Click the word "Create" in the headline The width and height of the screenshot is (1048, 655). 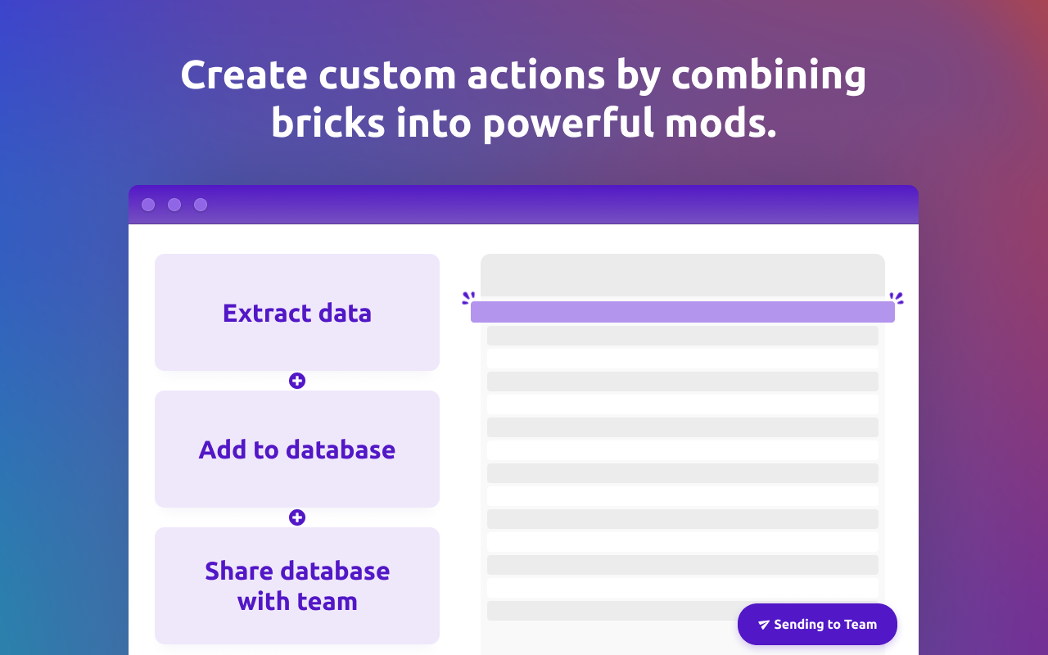point(244,75)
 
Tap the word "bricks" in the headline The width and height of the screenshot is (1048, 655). point(328,123)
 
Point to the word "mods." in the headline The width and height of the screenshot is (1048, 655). point(720,123)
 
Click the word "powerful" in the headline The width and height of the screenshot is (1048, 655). point(568,124)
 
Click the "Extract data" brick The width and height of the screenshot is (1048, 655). point(297,313)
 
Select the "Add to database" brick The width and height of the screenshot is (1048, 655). point(297,449)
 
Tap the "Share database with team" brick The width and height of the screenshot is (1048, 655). point(297,585)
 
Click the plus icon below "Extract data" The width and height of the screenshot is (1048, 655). point(297,381)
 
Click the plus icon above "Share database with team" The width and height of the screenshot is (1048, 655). point(297,517)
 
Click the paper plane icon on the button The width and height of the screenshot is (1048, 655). point(764,625)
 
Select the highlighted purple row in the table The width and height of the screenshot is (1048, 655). point(683,312)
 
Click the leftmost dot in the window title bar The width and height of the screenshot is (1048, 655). point(148,205)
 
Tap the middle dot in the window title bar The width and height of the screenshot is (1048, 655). point(174,205)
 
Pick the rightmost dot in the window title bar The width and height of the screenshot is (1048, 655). point(201,205)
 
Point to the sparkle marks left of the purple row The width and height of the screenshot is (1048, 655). point(468,298)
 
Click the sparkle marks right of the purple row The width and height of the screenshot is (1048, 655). point(897,298)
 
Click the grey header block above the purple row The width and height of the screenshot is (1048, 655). point(683,275)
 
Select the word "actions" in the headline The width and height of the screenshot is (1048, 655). point(535,75)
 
